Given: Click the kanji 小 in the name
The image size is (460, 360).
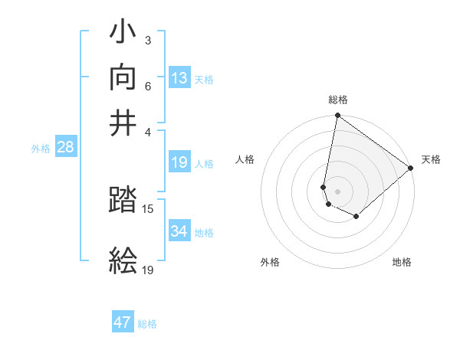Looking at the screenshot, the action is [123, 34].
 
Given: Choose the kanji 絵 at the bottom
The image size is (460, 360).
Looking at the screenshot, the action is [123, 260].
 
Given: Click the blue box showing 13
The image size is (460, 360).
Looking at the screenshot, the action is [179, 78].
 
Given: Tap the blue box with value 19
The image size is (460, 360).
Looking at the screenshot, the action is [179, 162].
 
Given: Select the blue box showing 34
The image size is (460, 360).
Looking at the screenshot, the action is [179, 231].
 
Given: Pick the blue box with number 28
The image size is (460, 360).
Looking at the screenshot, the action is [66, 148].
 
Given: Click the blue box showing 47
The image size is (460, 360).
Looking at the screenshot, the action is [123, 322].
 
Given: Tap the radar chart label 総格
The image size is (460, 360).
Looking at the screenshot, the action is [338, 100].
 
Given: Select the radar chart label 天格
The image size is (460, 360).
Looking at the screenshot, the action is [431, 159].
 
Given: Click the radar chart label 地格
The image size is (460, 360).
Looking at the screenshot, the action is [402, 262].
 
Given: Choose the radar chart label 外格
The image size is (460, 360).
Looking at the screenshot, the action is [270, 262].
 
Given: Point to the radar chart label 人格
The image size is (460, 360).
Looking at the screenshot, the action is [245, 159].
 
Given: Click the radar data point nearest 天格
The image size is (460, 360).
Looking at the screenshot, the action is [411, 169].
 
